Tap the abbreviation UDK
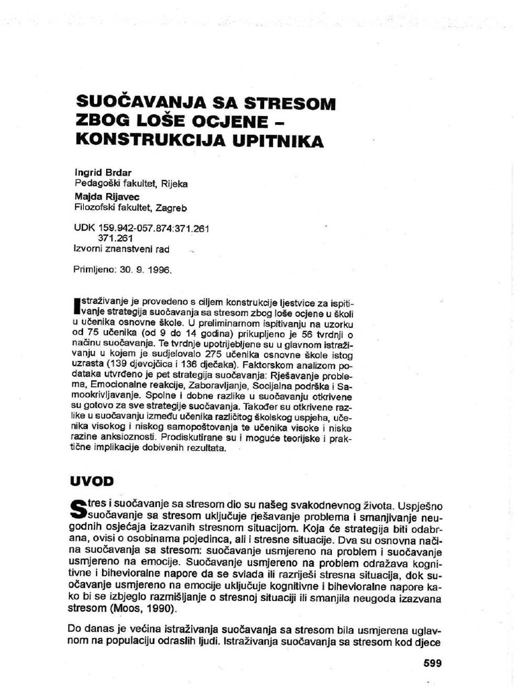coord(84,228)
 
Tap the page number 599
coord(433,664)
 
